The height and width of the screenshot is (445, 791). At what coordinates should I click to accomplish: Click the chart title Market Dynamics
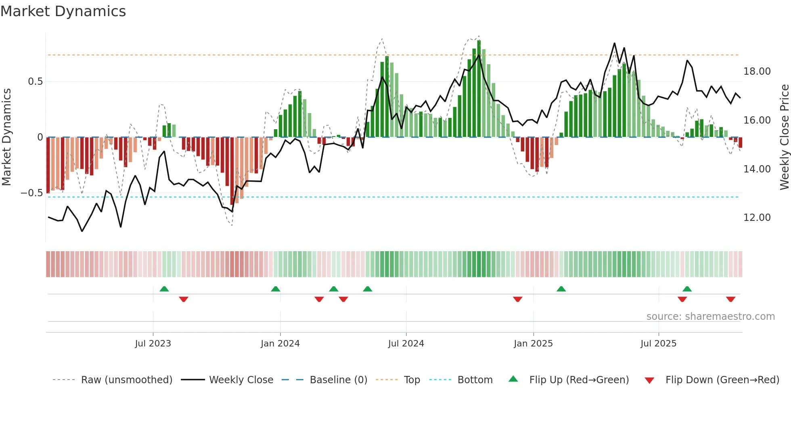click(63, 11)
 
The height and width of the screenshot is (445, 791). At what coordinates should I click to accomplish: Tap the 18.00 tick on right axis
click(757, 71)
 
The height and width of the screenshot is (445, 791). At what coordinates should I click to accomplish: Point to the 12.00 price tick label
click(757, 218)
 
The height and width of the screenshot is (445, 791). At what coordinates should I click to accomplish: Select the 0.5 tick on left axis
click(35, 82)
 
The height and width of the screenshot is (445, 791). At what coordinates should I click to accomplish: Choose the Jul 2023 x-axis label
click(153, 344)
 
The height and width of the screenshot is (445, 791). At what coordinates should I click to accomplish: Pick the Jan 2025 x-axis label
click(533, 344)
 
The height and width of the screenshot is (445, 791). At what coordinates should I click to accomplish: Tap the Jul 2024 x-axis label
click(406, 344)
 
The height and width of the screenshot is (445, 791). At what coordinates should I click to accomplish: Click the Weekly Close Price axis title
click(784, 137)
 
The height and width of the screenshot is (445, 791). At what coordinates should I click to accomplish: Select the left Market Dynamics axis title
click(6, 137)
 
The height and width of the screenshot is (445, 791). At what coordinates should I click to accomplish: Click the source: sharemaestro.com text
click(710, 317)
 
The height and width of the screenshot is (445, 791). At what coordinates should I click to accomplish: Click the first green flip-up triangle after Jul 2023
click(164, 289)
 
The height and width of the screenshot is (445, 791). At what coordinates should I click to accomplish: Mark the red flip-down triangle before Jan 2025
click(518, 299)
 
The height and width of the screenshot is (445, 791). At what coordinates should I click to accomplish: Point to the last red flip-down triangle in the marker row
click(730, 299)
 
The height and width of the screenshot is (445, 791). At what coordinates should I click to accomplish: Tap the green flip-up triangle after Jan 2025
click(561, 289)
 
